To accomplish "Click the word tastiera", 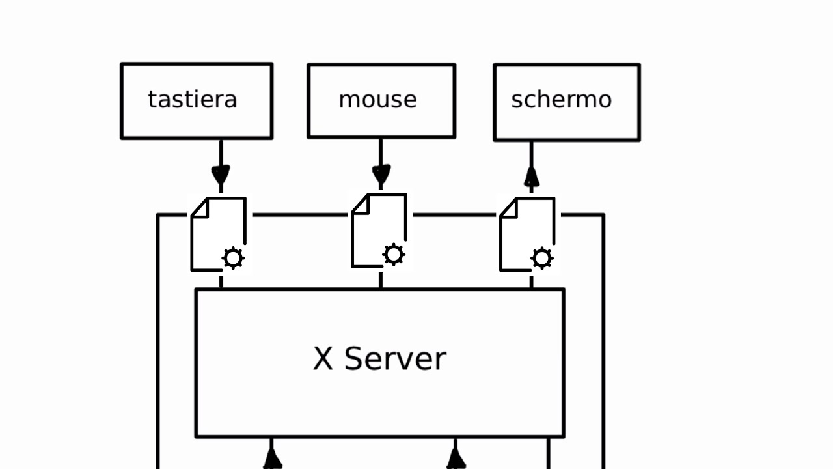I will coord(193,100).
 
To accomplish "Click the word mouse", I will coord(377,100).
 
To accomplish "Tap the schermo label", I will coord(561,100).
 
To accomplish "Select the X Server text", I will coord(379,359).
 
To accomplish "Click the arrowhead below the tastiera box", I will coord(221,175).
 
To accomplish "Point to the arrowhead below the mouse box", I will coord(381,175).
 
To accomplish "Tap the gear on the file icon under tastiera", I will coord(233,258).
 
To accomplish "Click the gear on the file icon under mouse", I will coord(394,255).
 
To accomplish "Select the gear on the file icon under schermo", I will coord(542,258).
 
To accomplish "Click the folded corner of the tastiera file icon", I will coord(200,208).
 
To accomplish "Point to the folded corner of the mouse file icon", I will coord(360,204).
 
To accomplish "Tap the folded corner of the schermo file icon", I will coord(508,208).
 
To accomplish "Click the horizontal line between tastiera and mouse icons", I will coord(299,214).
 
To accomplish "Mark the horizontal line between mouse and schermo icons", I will coord(454,214).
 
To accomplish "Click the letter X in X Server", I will coord(323,359).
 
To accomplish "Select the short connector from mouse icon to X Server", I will coord(381,280).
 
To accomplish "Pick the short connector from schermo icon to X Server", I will coord(532,281).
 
